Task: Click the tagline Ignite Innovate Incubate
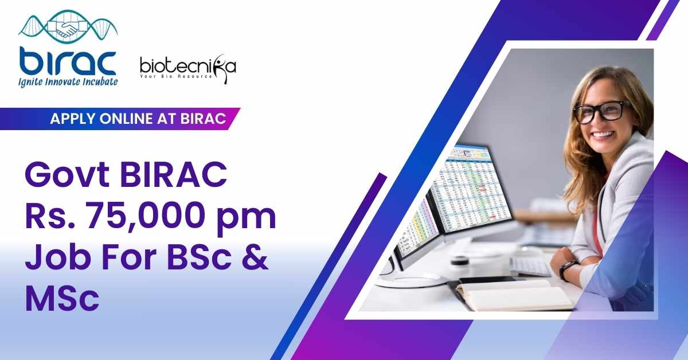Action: (68, 82)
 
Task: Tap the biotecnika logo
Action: (188, 69)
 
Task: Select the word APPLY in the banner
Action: (71, 119)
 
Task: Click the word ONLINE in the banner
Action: (126, 119)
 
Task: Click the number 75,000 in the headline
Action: (147, 216)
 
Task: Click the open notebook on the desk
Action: (511, 295)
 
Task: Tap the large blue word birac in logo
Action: (68, 61)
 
